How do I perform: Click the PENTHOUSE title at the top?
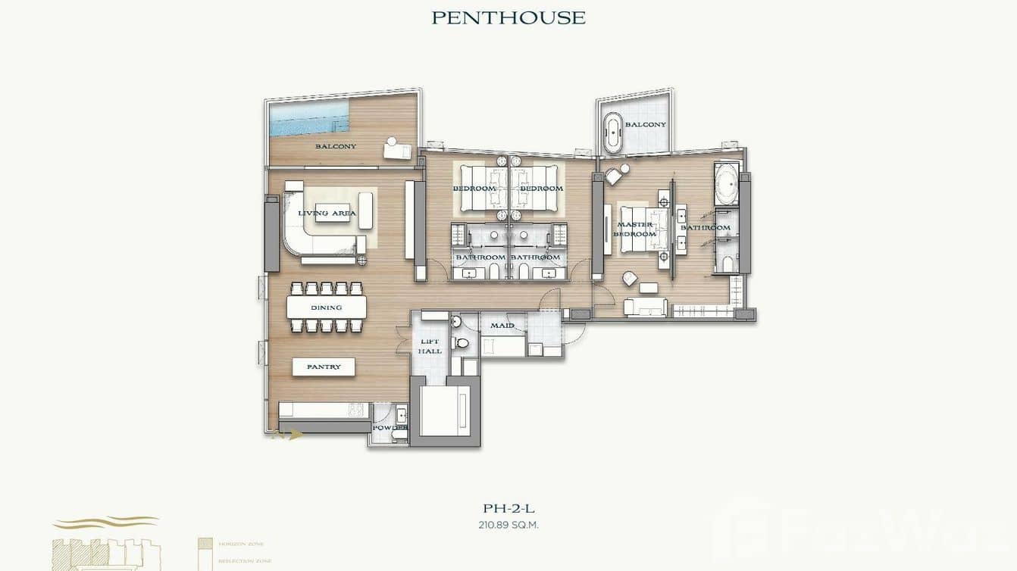pyautogui.click(x=509, y=17)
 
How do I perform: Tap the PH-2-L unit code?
pyautogui.click(x=509, y=509)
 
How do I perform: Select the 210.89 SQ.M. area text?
pyautogui.click(x=509, y=524)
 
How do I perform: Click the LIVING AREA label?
pyautogui.click(x=327, y=214)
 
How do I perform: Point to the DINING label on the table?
pyautogui.click(x=326, y=307)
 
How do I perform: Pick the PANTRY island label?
pyautogui.click(x=324, y=367)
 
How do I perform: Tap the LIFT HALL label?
pyautogui.click(x=430, y=346)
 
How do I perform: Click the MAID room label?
pyautogui.click(x=502, y=326)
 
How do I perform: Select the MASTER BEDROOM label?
pyautogui.click(x=635, y=229)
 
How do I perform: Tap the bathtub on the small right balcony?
pyautogui.click(x=612, y=133)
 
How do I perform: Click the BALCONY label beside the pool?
pyautogui.click(x=335, y=146)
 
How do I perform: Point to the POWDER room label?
pyautogui.click(x=390, y=428)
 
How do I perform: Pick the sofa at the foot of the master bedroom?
pyautogui.click(x=645, y=307)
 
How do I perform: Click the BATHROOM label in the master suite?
pyautogui.click(x=705, y=227)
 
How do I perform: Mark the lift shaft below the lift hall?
pyautogui.click(x=445, y=410)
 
